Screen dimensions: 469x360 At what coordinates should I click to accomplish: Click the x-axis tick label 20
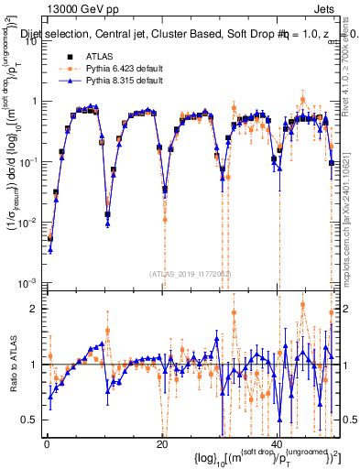coord(162,443)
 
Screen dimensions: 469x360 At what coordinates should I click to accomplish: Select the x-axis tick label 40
coord(278,443)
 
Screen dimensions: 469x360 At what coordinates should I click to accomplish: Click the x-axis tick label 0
coord(46,443)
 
